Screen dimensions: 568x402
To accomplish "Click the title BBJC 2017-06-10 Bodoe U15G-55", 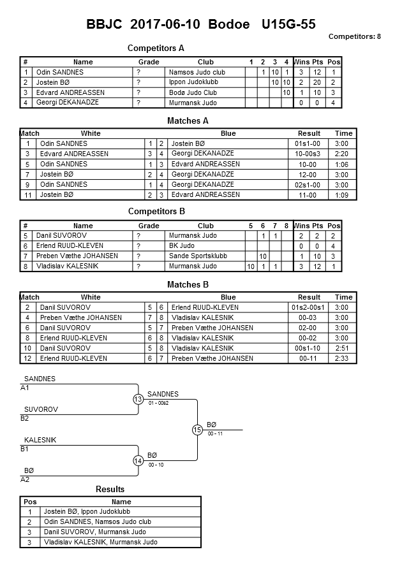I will click(x=201, y=25).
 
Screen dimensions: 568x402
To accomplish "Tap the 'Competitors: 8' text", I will click(x=355, y=37).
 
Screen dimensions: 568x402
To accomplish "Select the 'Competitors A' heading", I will click(x=156, y=48).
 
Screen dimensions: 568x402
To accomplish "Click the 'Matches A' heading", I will click(x=188, y=120).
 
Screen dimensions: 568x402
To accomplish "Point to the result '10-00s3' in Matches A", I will click(x=309, y=154).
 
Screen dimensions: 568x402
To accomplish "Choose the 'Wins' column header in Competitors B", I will click(x=301, y=226).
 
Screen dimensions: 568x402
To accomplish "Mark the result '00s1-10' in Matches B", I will click(x=309, y=348).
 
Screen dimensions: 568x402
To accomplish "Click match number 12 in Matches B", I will click(x=28, y=358).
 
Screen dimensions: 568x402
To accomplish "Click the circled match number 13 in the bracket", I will click(x=138, y=399).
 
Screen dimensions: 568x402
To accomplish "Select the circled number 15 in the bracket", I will click(x=197, y=430).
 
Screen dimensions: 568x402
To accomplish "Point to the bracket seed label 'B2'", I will click(x=25, y=419).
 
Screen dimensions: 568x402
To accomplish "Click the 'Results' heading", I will click(x=110, y=490).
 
